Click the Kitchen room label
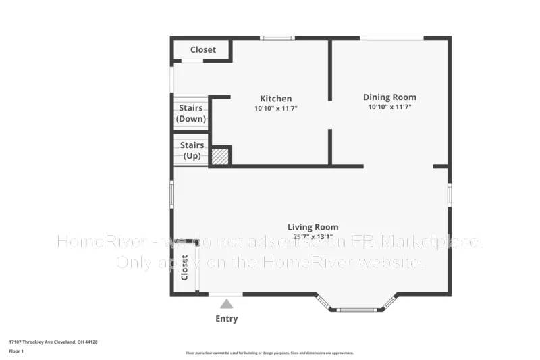pyautogui.click(x=275, y=99)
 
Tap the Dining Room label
pyautogui.click(x=389, y=97)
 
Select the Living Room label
pyautogui.click(x=313, y=227)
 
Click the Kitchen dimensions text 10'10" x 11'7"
pyautogui.click(x=275, y=108)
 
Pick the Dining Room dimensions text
pyautogui.click(x=389, y=107)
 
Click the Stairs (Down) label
pyautogui.click(x=191, y=113)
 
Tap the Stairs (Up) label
pyautogui.click(x=192, y=150)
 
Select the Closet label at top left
pyautogui.click(x=202, y=50)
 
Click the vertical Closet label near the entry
pyautogui.click(x=184, y=267)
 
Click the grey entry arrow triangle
pyautogui.click(x=227, y=305)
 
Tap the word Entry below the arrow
pyautogui.click(x=226, y=319)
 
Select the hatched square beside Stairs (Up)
pyautogui.click(x=220, y=157)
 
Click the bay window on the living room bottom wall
pyautogui.click(x=356, y=309)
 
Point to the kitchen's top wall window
pyautogui.click(x=277, y=38)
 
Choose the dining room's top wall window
pyautogui.click(x=391, y=38)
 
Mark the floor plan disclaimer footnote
pyautogui.click(x=269, y=353)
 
